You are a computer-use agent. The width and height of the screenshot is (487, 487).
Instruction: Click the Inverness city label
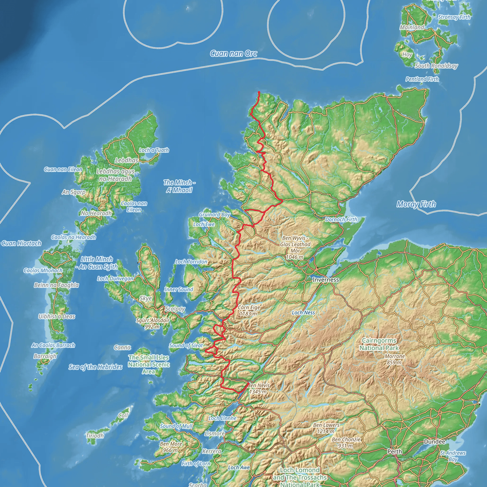pos(326,280)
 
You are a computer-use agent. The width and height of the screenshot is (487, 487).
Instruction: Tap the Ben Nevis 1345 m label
pos(258,389)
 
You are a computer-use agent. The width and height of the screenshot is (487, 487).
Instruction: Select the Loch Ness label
pos(303,312)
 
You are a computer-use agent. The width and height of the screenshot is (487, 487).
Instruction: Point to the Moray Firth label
pos(416,204)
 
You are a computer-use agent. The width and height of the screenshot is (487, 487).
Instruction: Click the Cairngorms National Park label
pos(379,344)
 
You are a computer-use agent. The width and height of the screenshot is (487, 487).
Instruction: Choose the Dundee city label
pos(434,442)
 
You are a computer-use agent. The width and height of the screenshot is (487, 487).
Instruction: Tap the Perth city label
pos(394,452)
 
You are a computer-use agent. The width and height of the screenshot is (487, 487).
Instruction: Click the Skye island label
pos(146,298)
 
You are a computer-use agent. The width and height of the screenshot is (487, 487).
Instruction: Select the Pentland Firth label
pos(422,79)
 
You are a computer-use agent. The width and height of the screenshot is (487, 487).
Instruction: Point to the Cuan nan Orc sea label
pos(234,54)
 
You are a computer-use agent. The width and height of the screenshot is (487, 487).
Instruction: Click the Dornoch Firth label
pos(341,219)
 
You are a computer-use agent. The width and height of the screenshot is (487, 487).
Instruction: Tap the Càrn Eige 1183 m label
pos(248,311)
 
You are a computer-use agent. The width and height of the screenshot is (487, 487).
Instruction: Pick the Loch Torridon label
pos(191,262)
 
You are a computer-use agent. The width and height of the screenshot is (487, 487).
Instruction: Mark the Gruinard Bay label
pos(214,214)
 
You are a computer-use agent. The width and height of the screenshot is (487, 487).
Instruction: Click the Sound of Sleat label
pos(186,345)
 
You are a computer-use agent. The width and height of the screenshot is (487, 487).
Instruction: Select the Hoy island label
pos(407,54)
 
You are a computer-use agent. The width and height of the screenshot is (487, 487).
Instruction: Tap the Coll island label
pos(123,415)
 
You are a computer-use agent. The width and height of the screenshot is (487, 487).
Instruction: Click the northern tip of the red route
pos(259,92)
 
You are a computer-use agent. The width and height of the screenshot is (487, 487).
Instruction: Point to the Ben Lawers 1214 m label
pos(326,428)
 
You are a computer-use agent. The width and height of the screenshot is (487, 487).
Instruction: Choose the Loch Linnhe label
pos(222,418)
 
